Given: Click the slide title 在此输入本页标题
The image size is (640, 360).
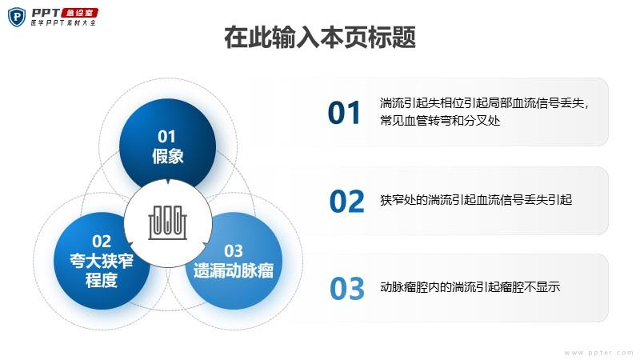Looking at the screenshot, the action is click(x=320, y=37).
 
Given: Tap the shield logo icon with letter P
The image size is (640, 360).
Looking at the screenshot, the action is click(x=17, y=17).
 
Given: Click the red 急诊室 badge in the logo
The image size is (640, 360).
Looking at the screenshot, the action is click(x=79, y=13).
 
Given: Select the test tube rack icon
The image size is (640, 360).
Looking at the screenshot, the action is click(x=167, y=222).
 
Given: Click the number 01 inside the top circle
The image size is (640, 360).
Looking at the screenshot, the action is click(x=166, y=137).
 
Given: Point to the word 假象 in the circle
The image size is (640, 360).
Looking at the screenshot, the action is click(x=168, y=156).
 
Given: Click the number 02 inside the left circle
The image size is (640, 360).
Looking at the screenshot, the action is click(x=102, y=242).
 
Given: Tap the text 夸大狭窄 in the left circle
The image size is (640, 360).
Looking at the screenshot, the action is click(x=102, y=261).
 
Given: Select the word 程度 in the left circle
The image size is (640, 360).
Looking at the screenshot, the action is click(x=102, y=281).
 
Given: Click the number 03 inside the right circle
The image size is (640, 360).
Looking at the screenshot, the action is click(x=234, y=251).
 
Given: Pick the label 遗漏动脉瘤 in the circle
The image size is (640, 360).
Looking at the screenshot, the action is click(x=234, y=270).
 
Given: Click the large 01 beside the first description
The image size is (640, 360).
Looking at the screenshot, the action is click(x=344, y=113).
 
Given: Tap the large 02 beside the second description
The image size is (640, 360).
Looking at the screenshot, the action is click(x=347, y=202).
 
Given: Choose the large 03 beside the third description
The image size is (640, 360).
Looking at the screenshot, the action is click(x=347, y=289).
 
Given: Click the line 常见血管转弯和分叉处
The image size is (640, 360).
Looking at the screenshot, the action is click(x=440, y=121).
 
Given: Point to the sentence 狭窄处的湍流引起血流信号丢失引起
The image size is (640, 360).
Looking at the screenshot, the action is click(x=476, y=200).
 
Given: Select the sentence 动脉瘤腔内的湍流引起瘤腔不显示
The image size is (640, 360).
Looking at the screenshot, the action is click(x=470, y=287).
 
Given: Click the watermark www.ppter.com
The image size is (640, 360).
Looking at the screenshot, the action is click(x=598, y=353).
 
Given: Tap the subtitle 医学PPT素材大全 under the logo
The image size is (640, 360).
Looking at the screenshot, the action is click(x=64, y=23).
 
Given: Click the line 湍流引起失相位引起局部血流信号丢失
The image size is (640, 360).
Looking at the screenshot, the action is click(x=482, y=103).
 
